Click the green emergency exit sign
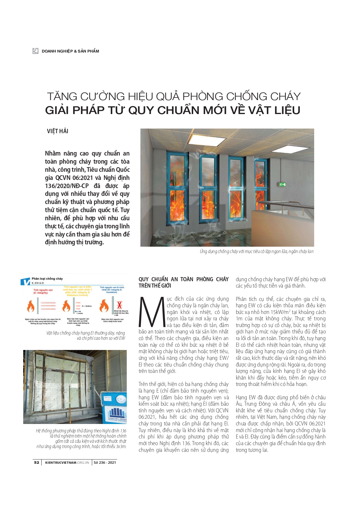[x=282, y=184]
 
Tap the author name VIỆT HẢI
[x=57, y=131]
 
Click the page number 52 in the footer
[x=37, y=462]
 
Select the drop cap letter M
[x=152, y=312]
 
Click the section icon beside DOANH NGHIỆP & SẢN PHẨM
[x=35, y=51]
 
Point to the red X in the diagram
[x=119, y=305]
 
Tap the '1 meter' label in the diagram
[x=79, y=313]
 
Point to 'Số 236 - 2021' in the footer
[x=105, y=462]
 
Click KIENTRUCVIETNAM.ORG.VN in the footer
[x=67, y=462]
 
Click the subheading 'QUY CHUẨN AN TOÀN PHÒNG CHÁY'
[x=183, y=279]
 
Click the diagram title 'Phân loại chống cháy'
[x=47, y=279]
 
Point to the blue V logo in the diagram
[x=26, y=281]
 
